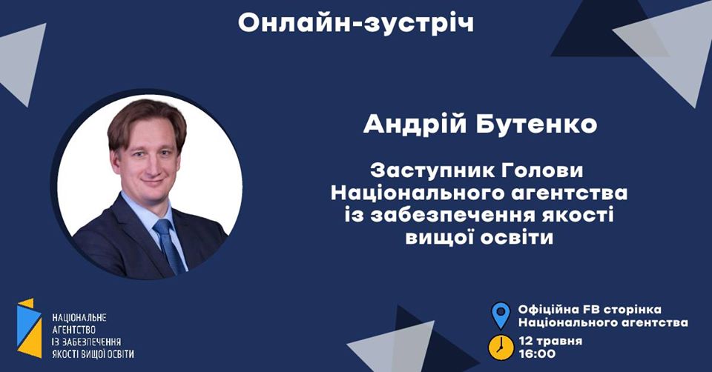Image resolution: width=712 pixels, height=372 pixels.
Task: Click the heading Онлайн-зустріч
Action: point(355,23)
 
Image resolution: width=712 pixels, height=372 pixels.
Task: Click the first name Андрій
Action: point(415,124)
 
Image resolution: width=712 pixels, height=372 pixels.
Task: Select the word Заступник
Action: point(426,171)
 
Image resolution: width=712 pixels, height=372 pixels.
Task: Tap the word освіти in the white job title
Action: point(518,237)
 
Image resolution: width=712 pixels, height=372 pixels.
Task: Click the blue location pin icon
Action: point(501,316)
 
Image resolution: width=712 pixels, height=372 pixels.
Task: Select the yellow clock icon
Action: point(501,348)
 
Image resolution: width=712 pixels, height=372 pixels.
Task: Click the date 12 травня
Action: point(550,341)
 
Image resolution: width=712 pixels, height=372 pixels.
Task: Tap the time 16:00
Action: point(537,354)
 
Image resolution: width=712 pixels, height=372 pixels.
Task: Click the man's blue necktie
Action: point(169,245)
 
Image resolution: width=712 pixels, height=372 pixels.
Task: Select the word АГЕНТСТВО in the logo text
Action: point(73,330)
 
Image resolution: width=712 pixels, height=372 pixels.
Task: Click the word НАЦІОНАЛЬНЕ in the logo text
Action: point(79,318)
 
